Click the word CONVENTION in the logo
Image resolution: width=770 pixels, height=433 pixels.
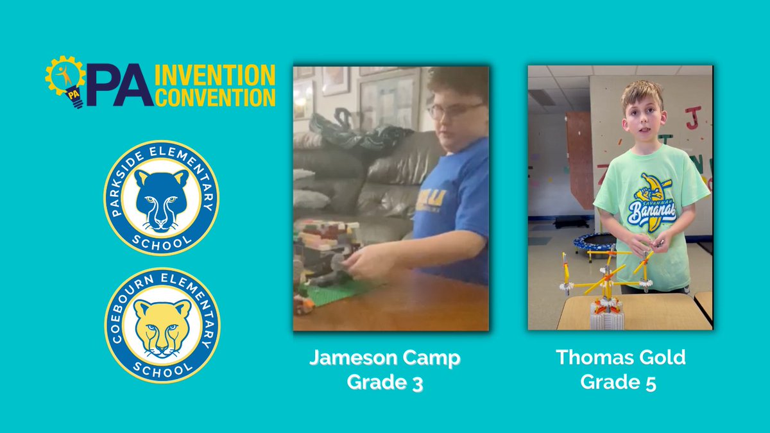(216, 98)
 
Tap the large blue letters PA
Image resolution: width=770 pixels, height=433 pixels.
(119, 86)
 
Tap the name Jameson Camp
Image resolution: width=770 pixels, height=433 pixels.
(384, 358)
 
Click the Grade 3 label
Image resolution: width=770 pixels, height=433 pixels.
(384, 382)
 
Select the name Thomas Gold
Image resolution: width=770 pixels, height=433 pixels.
(620, 357)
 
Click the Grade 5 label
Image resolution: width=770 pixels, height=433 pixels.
(620, 382)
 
